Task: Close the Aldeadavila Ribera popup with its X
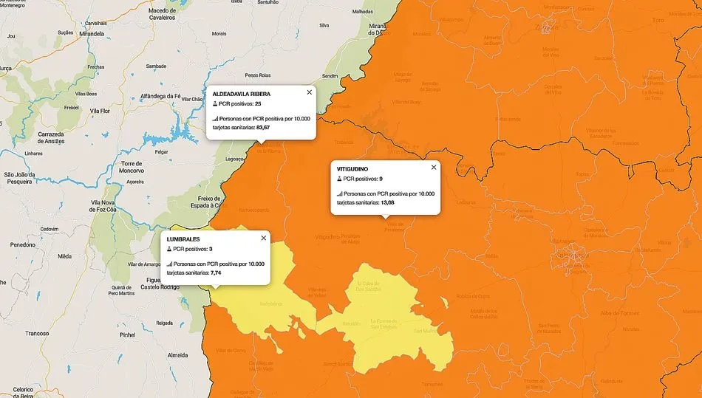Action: click(x=310, y=92)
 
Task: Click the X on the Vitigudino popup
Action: click(x=434, y=167)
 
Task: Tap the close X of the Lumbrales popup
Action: click(x=264, y=238)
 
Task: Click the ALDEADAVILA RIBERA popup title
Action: click(x=241, y=95)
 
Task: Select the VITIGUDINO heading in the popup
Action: click(x=352, y=169)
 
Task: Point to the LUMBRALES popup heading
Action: click(x=183, y=239)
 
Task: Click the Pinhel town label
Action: click(x=127, y=334)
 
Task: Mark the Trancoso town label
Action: click(x=36, y=333)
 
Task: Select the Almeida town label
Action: click(x=178, y=355)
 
